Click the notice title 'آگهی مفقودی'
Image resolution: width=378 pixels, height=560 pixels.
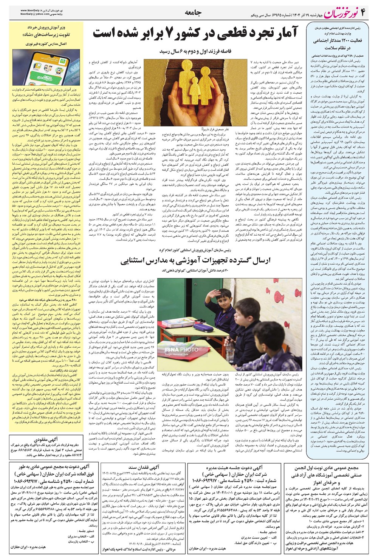click(45, 440)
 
